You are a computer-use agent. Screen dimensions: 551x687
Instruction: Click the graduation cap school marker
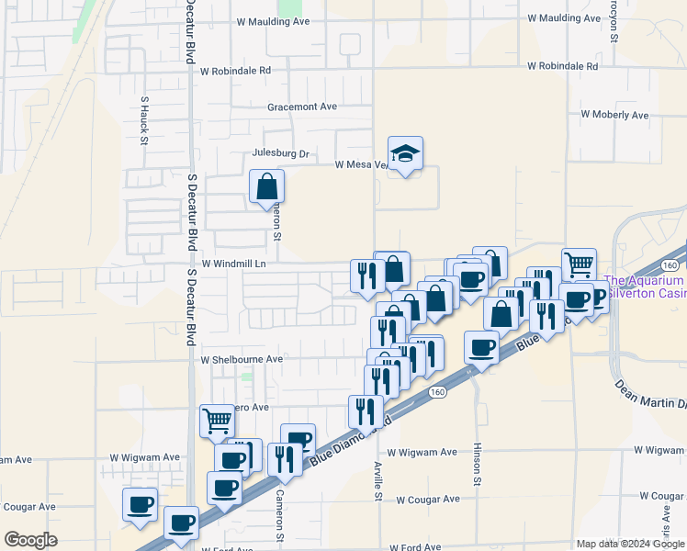pyautogui.click(x=405, y=154)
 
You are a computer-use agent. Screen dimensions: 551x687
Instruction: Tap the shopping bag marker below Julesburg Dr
pyautogui.click(x=265, y=186)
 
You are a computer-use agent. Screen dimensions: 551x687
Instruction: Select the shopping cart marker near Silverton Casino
pyautogui.click(x=579, y=264)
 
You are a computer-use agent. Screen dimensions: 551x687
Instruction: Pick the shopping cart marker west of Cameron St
pyautogui.click(x=217, y=421)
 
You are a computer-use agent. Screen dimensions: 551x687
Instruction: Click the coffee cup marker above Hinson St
pyautogui.click(x=482, y=347)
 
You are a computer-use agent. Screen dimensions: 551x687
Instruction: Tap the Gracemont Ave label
pyautogui.click(x=302, y=107)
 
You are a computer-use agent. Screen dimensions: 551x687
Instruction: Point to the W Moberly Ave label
pyautogui.click(x=614, y=116)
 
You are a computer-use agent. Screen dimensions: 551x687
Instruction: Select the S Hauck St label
pyautogui.click(x=144, y=120)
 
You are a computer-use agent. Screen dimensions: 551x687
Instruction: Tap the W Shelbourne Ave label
pyautogui.click(x=242, y=359)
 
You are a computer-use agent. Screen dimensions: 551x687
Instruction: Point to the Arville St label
pyautogui.click(x=377, y=481)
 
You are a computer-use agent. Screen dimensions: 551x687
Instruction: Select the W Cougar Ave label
pyautogui.click(x=423, y=499)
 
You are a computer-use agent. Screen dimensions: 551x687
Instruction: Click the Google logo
pyautogui.click(x=29, y=540)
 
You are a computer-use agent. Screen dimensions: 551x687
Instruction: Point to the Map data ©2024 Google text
pyautogui.click(x=629, y=544)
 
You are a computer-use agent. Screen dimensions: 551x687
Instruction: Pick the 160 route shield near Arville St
pyautogui.click(x=437, y=392)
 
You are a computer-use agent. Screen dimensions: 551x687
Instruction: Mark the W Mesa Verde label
pyautogui.click(x=360, y=165)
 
